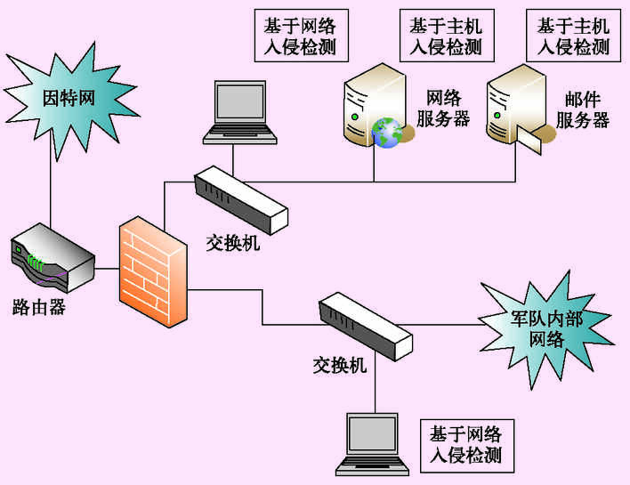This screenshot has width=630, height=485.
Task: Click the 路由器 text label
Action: tap(38, 307)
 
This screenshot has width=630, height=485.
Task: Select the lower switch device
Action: tap(365, 326)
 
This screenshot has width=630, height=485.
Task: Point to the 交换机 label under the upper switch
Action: tap(233, 242)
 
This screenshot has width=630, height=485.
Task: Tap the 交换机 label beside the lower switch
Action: tap(339, 364)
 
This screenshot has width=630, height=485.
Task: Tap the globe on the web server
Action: tap(387, 133)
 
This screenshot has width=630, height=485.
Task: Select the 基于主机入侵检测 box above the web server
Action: tap(445, 36)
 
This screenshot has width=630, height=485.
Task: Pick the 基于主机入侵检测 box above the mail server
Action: tap(574, 36)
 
